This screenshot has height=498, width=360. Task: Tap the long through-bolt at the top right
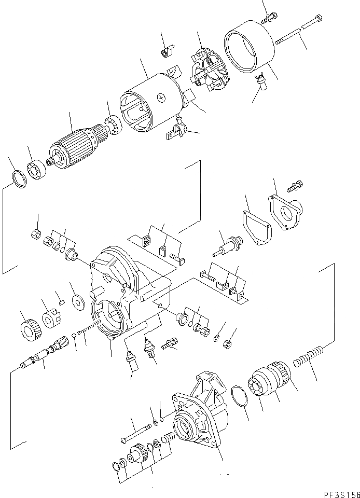point(298,31)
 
